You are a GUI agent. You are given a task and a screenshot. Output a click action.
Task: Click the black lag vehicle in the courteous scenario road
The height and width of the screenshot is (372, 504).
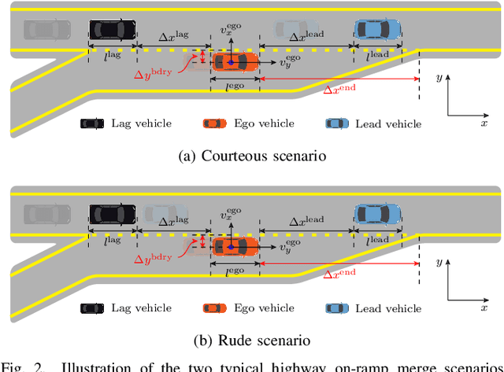coord(106,30)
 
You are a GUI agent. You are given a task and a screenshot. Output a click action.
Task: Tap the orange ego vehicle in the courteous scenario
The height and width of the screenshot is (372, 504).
coord(235,62)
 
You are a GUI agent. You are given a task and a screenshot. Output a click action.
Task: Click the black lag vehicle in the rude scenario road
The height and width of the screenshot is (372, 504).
coord(106,214)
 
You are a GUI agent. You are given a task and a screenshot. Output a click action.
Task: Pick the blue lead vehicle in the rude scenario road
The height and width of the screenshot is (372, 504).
coord(376,214)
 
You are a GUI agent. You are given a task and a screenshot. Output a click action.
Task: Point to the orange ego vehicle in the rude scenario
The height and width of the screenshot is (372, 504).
coord(235,246)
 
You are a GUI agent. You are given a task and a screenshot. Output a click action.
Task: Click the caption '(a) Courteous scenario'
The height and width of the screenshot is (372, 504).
coord(252,155)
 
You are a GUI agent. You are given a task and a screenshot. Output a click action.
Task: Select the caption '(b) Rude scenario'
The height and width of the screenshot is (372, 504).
coord(252,341)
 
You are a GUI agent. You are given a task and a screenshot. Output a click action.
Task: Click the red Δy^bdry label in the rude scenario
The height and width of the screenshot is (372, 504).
coord(153,260)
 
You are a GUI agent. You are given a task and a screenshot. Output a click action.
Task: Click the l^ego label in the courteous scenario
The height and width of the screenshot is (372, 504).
coord(235,83)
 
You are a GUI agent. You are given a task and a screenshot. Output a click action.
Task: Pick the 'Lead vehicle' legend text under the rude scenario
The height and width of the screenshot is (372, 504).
coord(388,309)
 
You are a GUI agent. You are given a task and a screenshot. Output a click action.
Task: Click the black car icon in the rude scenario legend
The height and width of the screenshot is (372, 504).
coord(91,309)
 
